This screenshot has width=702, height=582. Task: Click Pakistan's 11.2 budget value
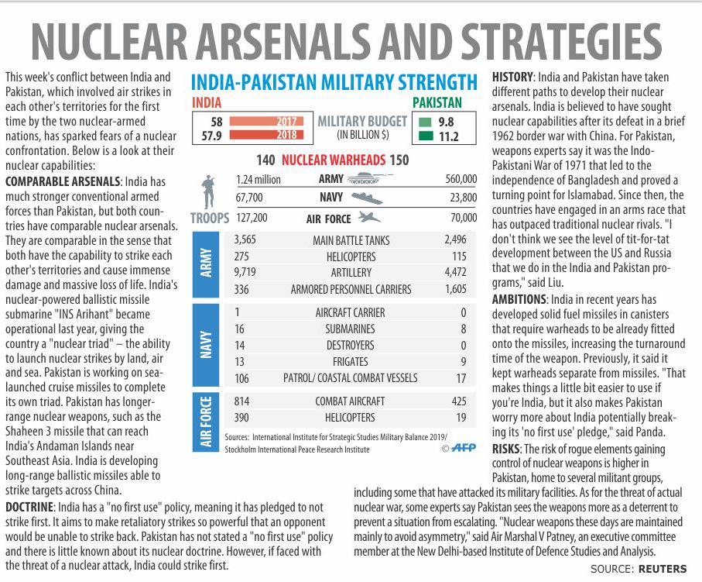(447, 137)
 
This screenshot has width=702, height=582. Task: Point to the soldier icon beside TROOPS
(207, 194)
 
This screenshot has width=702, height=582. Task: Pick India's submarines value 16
(239, 329)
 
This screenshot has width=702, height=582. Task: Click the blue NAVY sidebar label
(207, 345)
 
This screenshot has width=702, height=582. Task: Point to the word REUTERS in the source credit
(663, 569)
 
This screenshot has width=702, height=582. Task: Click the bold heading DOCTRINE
(29, 506)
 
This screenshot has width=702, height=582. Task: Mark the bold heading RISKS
(507, 449)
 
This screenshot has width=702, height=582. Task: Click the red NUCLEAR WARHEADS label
(333, 161)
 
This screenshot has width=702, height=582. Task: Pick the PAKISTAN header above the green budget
(437, 102)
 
